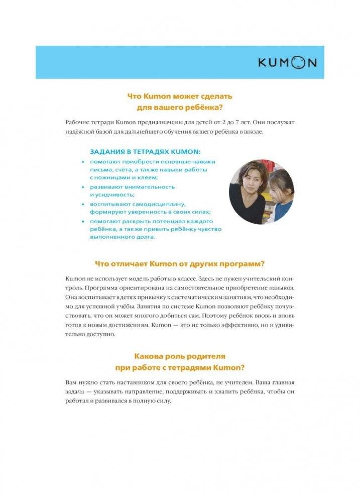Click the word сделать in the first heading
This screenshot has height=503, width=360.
pyautogui.click(x=215, y=95)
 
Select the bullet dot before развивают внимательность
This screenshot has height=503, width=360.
pyautogui.click(x=83, y=187)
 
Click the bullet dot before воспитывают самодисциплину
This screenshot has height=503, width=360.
pyautogui.click(x=83, y=205)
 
